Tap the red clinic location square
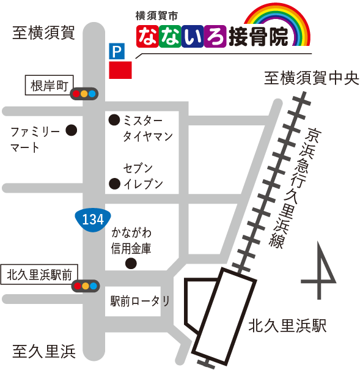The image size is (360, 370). click(120, 69)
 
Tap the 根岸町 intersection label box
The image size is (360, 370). click(50, 85)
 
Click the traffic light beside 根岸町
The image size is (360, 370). click(84, 94)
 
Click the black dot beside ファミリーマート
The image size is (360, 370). click(72, 130)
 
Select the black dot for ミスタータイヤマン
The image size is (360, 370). click(114, 120)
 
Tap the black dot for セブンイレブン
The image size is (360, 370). click(114, 183)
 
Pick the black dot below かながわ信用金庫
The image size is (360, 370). click(130, 264)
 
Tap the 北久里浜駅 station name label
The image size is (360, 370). click(287, 326)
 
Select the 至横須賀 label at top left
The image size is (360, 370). click(43, 34)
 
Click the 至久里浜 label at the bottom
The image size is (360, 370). click(43, 352)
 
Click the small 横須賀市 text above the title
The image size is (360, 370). click(157, 13)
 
